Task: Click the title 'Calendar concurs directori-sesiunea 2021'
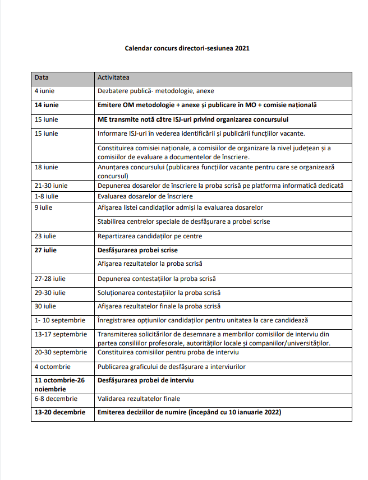187,48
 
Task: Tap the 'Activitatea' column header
114,77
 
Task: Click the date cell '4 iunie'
45,91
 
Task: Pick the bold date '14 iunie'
47,105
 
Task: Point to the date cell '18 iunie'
47,167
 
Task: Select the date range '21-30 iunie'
51,186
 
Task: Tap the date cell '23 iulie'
46,236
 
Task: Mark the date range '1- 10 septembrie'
60,320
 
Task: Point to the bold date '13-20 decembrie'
60,412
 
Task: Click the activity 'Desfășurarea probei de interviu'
145,381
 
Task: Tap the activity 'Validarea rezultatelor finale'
139,399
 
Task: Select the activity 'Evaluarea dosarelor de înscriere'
145,196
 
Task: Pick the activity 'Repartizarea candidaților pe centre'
150,236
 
